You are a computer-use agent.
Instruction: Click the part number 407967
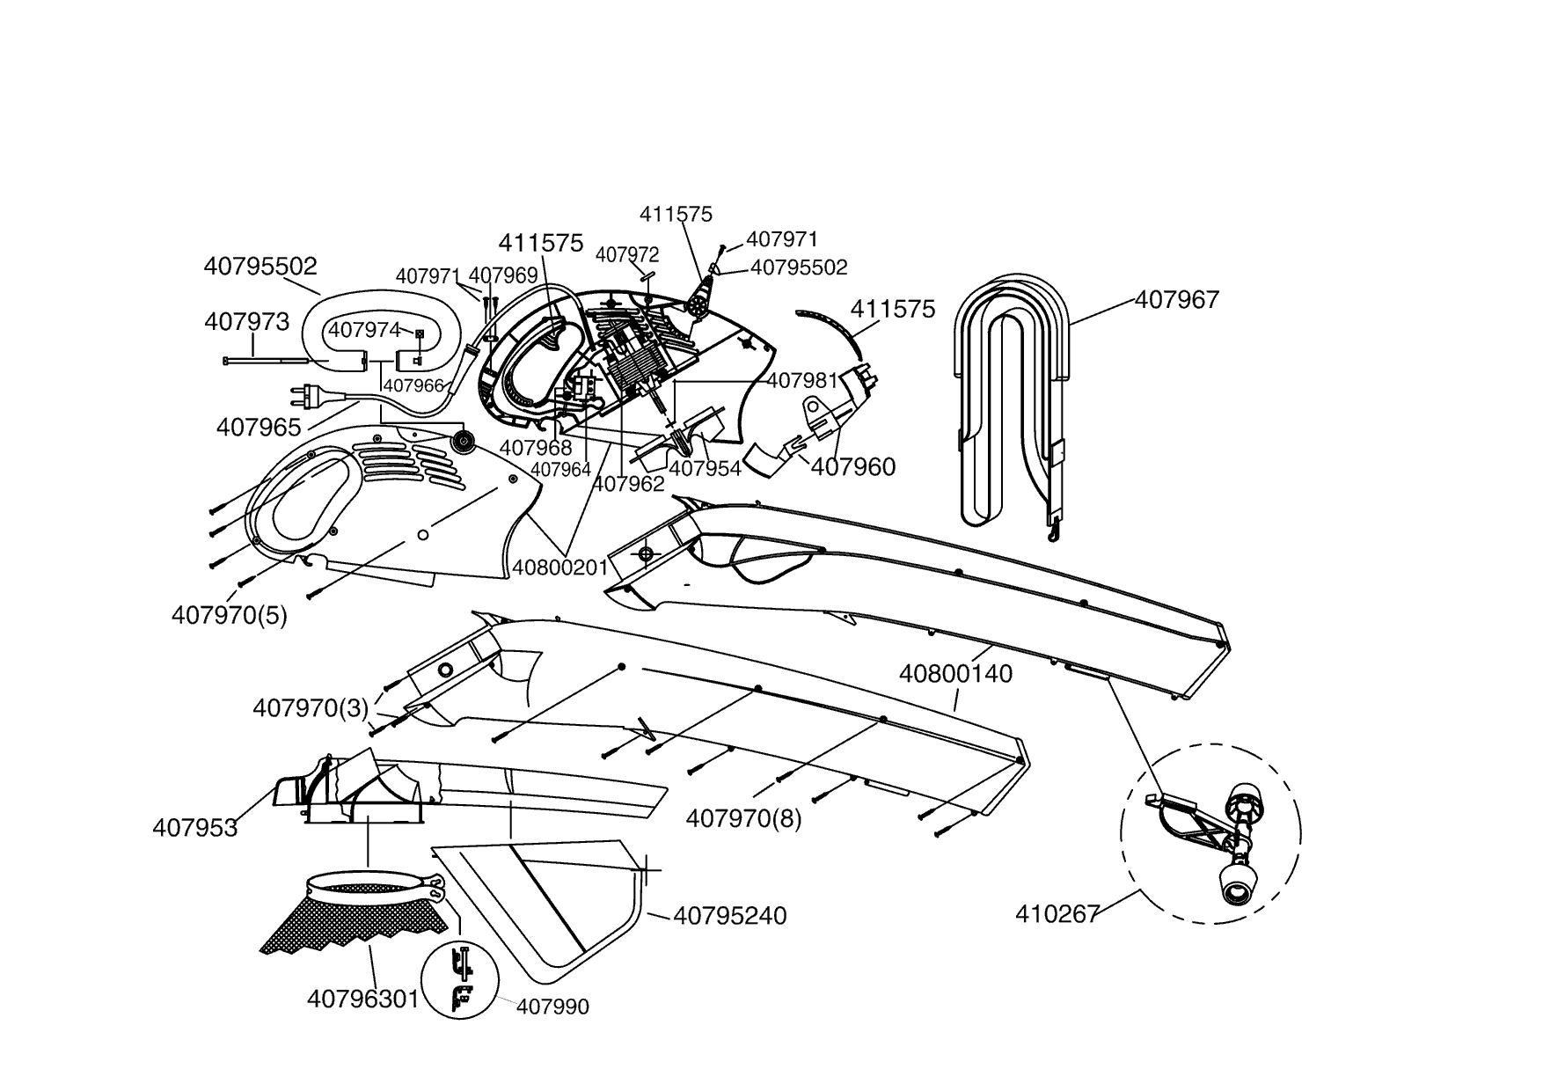click(x=1176, y=301)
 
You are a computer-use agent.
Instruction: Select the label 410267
click(x=1057, y=914)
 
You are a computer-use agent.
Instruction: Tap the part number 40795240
click(x=729, y=916)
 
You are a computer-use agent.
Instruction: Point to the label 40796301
click(x=362, y=999)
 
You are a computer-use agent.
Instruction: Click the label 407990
click(x=552, y=1007)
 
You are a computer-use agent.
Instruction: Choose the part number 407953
click(x=194, y=828)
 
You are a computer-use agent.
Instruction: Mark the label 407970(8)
click(x=743, y=819)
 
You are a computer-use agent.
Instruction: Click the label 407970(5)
click(x=229, y=615)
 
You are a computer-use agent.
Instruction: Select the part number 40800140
click(x=955, y=674)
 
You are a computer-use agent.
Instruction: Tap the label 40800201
click(x=560, y=567)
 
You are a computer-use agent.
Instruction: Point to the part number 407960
click(x=852, y=467)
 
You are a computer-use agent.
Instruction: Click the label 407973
click(x=246, y=322)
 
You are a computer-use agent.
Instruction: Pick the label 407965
click(x=259, y=428)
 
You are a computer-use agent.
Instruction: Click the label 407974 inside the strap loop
click(x=364, y=330)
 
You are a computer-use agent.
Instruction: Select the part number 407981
click(x=801, y=381)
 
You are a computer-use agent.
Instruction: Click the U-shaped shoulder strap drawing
click(x=1012, y=396)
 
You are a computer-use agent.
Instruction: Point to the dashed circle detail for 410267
click(x=1210, y=831)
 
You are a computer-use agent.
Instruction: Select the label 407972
click(x=627, y=255)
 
